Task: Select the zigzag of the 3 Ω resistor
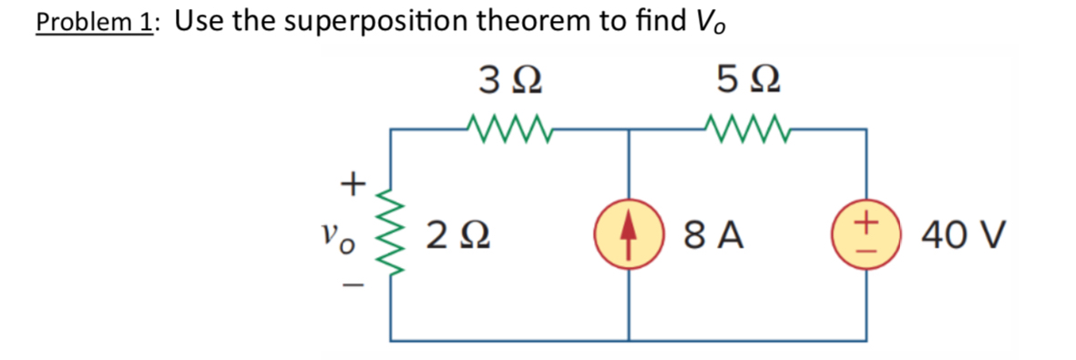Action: tap(509, 123)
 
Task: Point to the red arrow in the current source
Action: tap(628, 237)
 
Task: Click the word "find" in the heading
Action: tap(651, 22)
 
